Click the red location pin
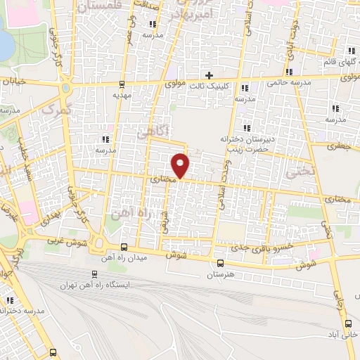tap(181, 165)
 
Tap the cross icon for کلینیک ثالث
tap(209, 75)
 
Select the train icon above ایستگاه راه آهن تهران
tap(94, 275)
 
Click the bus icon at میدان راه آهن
tap(124, 247)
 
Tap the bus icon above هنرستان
tap(220, 264)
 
